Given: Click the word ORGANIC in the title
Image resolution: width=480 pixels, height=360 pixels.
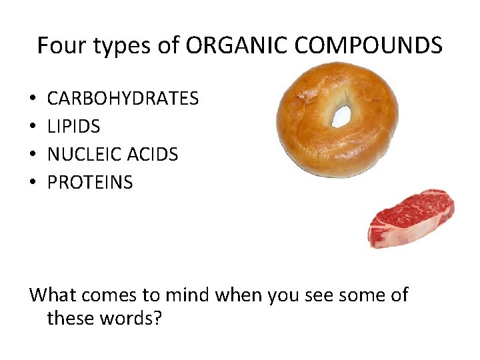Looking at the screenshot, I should coord(234,46).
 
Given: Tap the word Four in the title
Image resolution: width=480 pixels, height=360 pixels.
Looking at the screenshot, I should coord(57,46).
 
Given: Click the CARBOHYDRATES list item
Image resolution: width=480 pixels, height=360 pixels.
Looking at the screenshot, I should coord(123,99).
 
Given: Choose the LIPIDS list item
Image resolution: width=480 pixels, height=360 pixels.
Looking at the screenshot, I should coord(73,127).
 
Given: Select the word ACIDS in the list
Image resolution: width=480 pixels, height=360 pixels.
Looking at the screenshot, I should coord(153,155).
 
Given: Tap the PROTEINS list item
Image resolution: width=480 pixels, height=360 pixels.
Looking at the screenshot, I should coord(90,183).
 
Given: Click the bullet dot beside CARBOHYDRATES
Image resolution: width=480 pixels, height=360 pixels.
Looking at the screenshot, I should coord(33,99).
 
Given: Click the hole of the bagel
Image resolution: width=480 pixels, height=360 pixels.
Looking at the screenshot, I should coord(341,115).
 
